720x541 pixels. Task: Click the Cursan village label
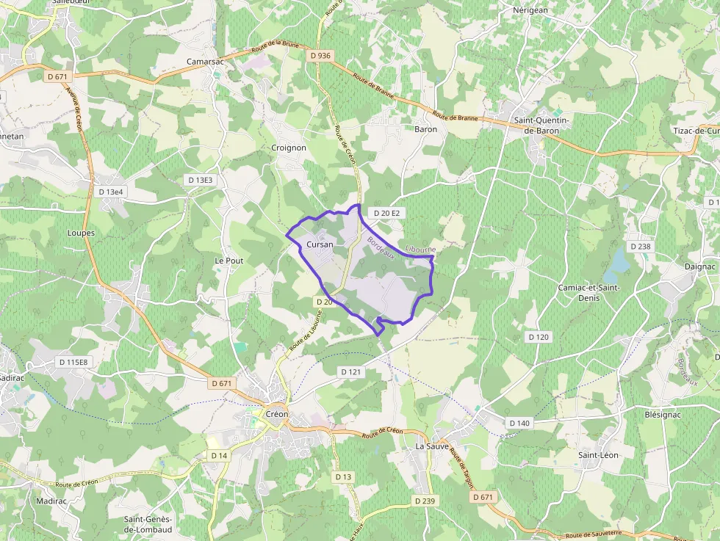pyautogui.click(x=320, y=244)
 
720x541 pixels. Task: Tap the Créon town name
pyautogui.click(x=276, y=414)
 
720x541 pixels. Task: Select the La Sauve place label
pyautogui.click(x=432, y=446)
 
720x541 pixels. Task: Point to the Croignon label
pyautogui.click(x=289, y=148)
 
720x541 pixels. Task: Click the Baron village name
pyautogui.click(x=426, y=129)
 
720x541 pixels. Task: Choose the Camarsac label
pyautogui.click(x=205, y=62)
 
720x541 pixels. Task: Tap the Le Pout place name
pyautogui.click(x=228, y=261)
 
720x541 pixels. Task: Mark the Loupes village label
pyautogui.click(x=81, y=233)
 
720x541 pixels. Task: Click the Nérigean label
pyautogui.click(x=530, y=10)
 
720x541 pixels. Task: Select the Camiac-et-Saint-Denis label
pyautogui.click(x=589, y=292)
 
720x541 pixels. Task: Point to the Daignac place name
pyautogui.click(x=699, y=266)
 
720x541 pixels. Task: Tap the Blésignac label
pyautogui.click(x=663, y=414)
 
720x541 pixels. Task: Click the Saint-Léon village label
pyautogui.click(x=598, y=455)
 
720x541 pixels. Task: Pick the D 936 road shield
pyautogui.click(x=320, y=55)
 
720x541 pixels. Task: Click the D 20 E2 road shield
pyautogui.click(x=386, y=213)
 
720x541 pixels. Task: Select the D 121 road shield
pyautogui.click(x=351, y=372)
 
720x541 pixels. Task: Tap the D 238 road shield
pyautogui.click(x=640, y=247)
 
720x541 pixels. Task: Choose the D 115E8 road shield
pyautogui.click(x=73, y=362)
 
